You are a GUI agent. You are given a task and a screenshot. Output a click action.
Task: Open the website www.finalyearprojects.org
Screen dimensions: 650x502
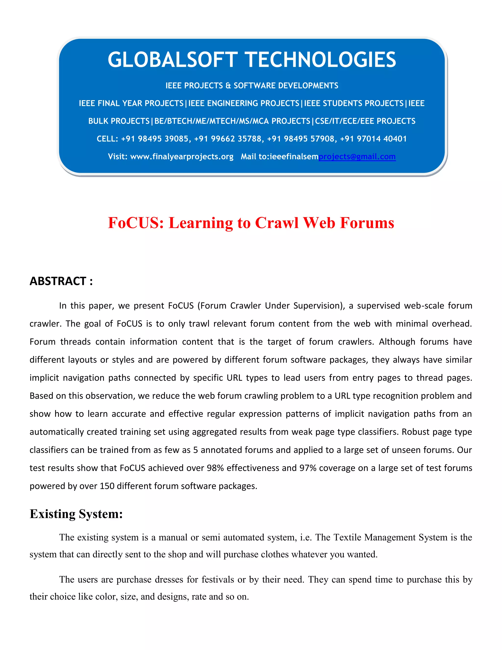[182, 156]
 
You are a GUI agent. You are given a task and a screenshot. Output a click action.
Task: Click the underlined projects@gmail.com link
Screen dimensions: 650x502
[357, 156]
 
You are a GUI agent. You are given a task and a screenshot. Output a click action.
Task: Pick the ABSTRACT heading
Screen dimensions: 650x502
[61, 281]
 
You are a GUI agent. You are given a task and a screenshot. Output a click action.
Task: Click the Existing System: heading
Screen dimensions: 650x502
[76, 514]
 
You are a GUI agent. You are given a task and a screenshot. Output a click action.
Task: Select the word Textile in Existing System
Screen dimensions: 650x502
[347, 537]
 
